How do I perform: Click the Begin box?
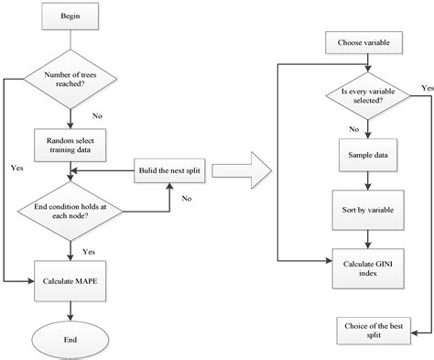[71, 17]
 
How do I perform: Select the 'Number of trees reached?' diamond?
[71, 80]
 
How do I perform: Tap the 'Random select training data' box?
[71, 143]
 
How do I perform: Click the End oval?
[71, 338]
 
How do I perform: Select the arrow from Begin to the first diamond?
[71, 39]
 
